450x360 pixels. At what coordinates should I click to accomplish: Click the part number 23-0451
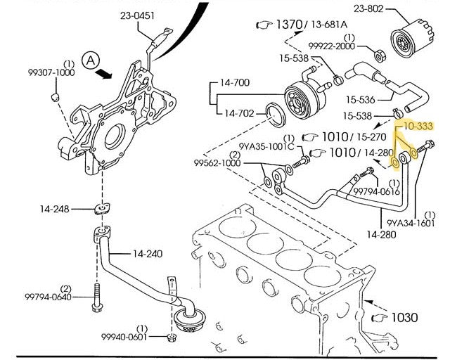tap(138, 15)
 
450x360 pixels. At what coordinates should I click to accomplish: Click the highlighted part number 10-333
tap(418, 127)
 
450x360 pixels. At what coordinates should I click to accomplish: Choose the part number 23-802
tap(373, 9)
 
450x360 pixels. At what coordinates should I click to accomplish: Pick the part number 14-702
tap(239, 112)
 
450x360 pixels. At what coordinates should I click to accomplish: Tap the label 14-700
tap(235, 83)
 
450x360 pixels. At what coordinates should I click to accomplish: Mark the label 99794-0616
tap(375, 191)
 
